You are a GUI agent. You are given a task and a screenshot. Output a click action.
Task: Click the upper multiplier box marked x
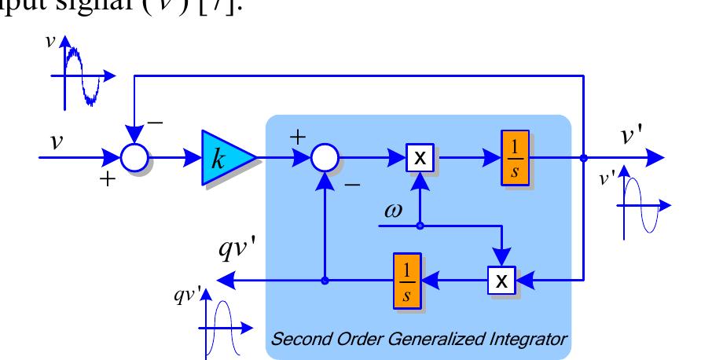[x=420, y=158]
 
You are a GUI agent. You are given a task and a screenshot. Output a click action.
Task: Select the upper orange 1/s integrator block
[x=515, y=158]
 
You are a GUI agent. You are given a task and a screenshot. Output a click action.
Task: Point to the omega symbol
[x=393, y=211]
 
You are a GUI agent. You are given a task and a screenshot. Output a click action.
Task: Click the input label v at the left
[x=56, y=141]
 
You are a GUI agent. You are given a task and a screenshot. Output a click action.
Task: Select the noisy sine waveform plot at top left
[x=82, y=76]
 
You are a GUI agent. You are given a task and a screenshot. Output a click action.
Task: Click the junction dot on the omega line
[x=420, y=226]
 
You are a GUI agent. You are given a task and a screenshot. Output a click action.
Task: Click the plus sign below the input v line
[x=107, y=179]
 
